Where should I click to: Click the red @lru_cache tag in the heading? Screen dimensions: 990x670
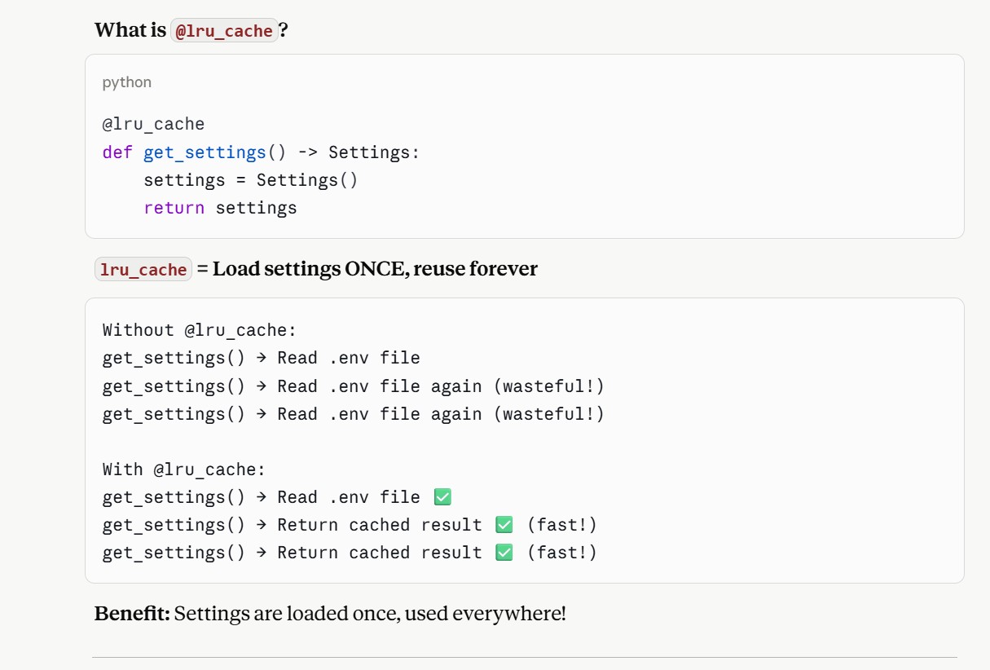(x=224, y=31)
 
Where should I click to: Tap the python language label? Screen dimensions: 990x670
(x=127, y=82)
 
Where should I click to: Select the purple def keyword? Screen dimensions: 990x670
(x=117, y=152)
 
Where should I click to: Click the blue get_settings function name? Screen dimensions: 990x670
(x=205, y=153)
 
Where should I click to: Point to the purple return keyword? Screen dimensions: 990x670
(x=174, y=208)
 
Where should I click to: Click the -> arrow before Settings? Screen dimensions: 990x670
(x=308, y=152)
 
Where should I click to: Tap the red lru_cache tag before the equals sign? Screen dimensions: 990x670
(x=143, y=269)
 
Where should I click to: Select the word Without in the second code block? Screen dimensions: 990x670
(x=138, y=330)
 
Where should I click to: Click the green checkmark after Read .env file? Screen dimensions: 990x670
(x=442, y=496)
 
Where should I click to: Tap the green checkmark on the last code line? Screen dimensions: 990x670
(x=504, y=553)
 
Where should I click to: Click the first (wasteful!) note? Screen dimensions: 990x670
(x=548, y=386)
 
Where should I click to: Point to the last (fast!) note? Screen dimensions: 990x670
(x=561, y=553)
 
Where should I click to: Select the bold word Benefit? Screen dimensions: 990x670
(x=132, y=614)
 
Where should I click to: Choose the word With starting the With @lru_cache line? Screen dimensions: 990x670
(x=122, y=469)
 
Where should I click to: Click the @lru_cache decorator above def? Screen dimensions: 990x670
(x=153, y=124)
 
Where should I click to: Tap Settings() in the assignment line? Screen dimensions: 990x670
(x=306, y=180)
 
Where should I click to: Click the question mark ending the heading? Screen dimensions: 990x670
(x=284, y=29)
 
